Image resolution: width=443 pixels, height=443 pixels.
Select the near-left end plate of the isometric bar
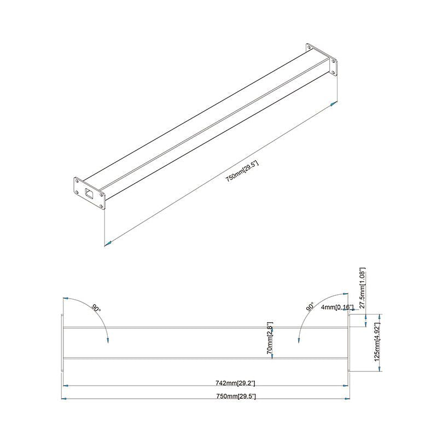click(x=89, y=193)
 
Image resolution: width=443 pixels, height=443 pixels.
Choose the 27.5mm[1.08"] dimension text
click(x=361, y=288)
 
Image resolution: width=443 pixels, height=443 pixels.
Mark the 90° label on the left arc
click(x=96, y=308)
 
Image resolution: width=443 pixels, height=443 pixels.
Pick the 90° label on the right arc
click(x=311, y=307)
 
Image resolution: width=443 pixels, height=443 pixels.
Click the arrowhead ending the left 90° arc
click(x=108, y=340)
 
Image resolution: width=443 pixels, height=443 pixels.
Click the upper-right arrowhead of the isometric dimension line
click(x=333, y=104)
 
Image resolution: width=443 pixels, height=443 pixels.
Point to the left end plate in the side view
click(x=62, y=343)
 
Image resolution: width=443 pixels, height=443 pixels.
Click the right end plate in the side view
click(x=349, y=343)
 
